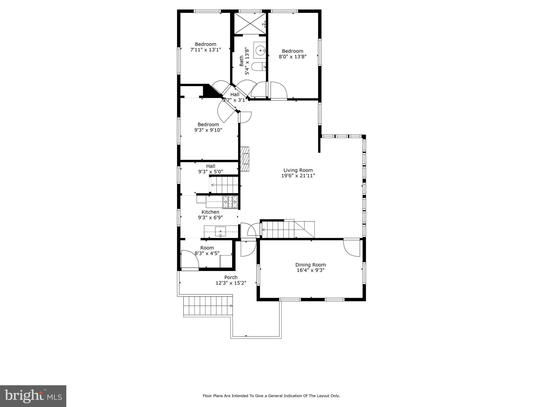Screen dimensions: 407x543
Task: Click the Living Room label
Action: [298, 170]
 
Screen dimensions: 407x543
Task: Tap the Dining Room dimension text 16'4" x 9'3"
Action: [310, 270]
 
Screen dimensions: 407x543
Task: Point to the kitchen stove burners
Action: [230, 202]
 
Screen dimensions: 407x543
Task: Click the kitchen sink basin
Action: [220, 232]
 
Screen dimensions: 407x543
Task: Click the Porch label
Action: [231, 277]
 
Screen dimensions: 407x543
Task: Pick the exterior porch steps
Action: [208, 306]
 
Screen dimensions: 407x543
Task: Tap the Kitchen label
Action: [211, 212]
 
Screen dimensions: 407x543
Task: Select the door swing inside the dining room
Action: [352, 248]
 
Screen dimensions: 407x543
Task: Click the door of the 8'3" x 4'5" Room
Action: [190, 260]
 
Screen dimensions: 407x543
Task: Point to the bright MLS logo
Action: [33, 396]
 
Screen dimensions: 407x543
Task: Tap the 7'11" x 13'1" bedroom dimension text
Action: [206, 50]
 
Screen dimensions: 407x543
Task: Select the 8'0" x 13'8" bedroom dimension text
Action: [292, 56]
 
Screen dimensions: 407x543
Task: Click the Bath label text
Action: [242, 61]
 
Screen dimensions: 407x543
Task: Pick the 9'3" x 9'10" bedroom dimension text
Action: [208, 130]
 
